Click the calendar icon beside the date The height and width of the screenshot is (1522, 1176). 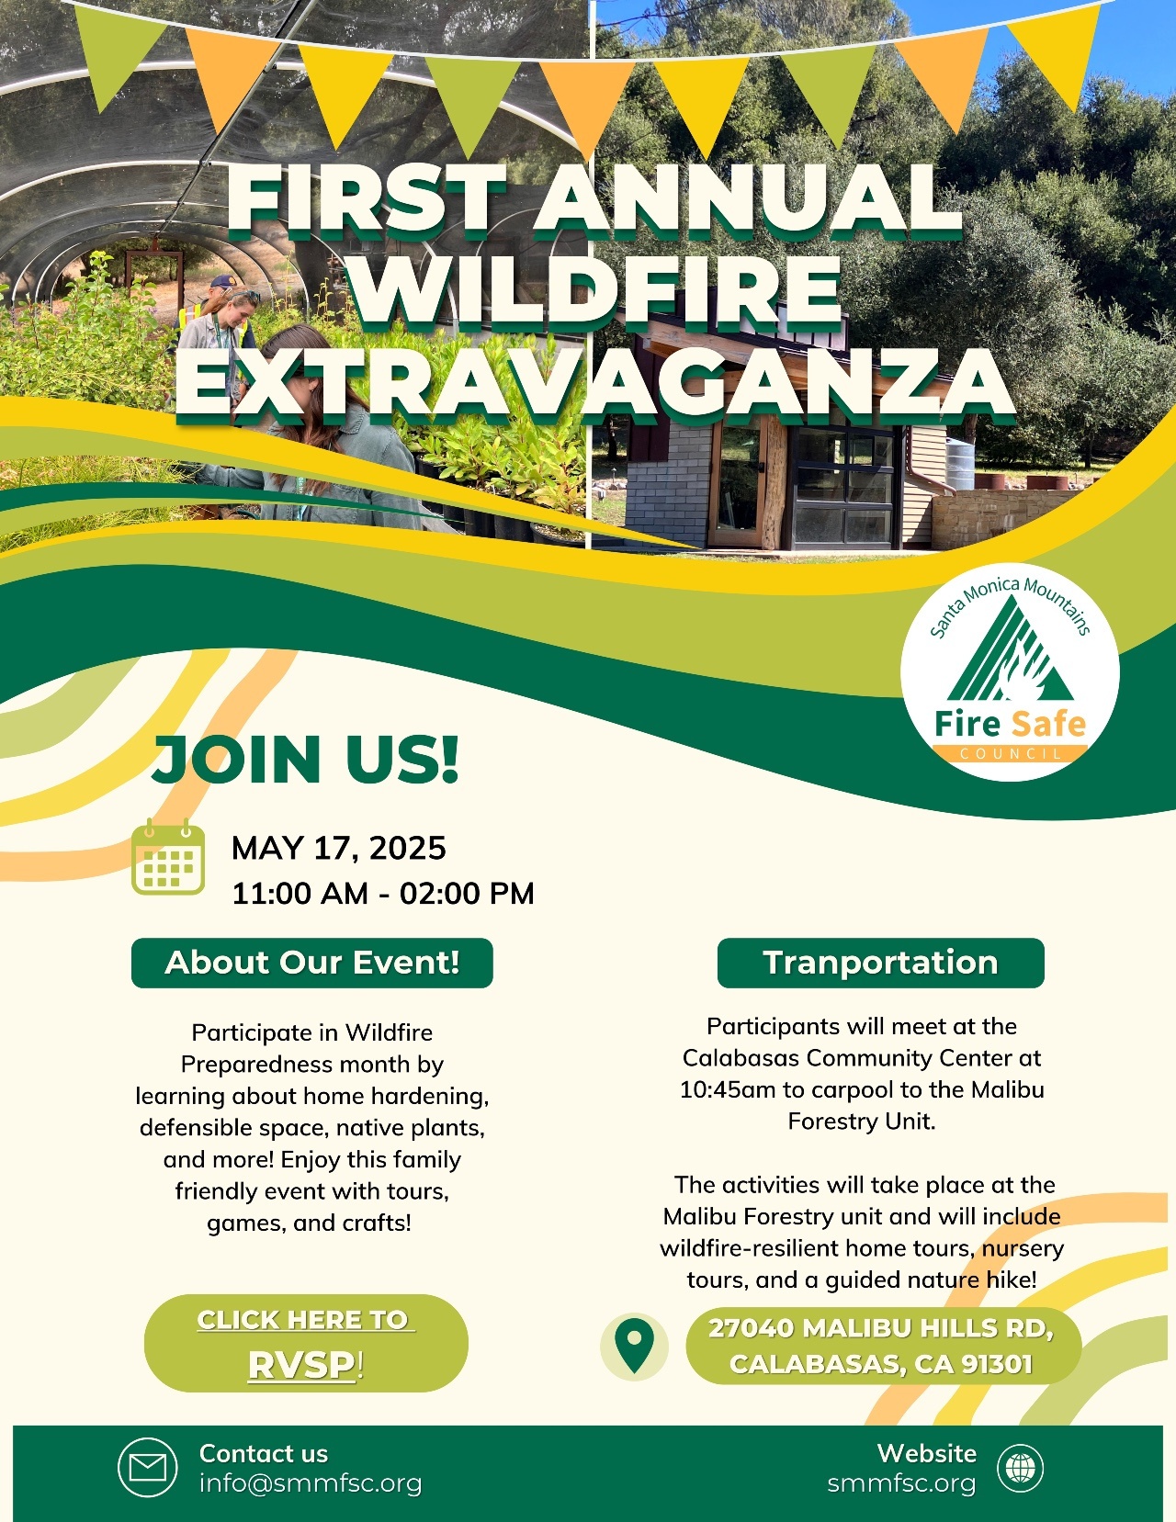tap(168, 859)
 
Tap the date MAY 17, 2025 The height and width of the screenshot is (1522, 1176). tap(338, 848)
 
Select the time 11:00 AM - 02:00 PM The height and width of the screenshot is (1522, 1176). tap(382, 893)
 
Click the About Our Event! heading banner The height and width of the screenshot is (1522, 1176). tap(311, 963)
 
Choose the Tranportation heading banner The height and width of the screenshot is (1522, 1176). tap(880, 963)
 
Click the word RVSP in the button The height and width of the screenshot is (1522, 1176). tap(301, 1365)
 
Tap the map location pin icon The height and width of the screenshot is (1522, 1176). tap(634, 1346)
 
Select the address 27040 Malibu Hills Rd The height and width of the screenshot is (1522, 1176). tap(880, 1328)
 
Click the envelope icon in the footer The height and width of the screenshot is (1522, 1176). tap(147, 1468)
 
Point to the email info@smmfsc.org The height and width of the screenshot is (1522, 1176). tap(311, 1483)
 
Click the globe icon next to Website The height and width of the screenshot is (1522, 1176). tap(1021, 1468)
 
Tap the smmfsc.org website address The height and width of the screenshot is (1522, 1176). tap(901, 1483)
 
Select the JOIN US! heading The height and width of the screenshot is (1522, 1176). tap(305, 760)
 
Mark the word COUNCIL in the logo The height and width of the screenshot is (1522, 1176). tap(1010, 753)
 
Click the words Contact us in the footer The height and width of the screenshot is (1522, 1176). tap(263, 1453)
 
